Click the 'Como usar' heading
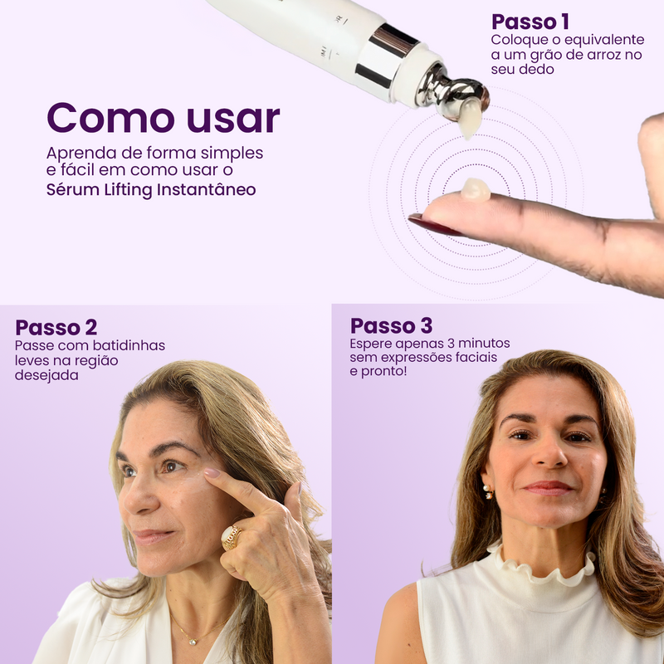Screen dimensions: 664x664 tap(164, 117)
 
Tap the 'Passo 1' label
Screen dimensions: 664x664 tap(530, 22)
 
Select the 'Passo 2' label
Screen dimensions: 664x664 tap(56, 327)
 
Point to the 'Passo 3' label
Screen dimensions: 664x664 tap(391, 325)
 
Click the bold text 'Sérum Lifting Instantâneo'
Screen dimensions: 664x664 tap(151, 189)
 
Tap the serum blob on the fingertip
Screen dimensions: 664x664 tap(476, 189)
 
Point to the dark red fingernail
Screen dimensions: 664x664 tap(434, 225)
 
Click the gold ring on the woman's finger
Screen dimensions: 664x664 tap(232, 537)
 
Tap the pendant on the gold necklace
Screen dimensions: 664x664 tap(193, 641)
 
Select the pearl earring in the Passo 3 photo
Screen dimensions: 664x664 tap(488, 491)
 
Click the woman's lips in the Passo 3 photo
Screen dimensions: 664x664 tap(547, 487)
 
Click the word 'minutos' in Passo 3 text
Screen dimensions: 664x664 tap(485, 343)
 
